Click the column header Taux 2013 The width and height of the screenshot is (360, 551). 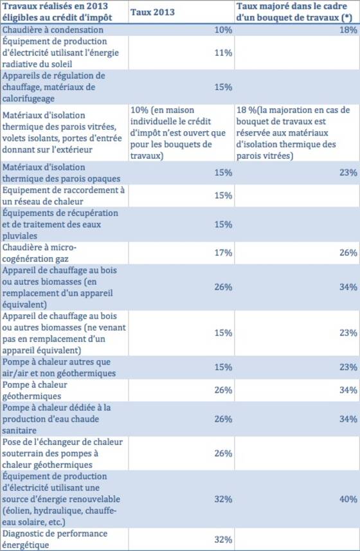pyautogui.click(x=152, y=12)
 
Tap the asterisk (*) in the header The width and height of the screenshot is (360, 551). pyautogui.click(x=349, y=18)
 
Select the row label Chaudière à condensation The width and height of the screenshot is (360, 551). pyautogui.click(x=53, y=30)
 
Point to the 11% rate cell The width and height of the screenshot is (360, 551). pyautogui.click(x=223, y=53)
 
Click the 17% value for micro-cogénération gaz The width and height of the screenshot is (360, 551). pyautogui.click(x=223, y=253)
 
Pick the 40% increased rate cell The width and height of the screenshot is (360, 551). pyautogui.click(x=348, y=500)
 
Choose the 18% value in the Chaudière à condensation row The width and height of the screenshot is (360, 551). pyautogui.click(x=348, y=30)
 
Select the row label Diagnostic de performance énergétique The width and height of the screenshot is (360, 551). pyautogui.click(x=55, y=539)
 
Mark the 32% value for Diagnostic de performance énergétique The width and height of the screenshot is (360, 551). pyautogui.click(x=223, y=539)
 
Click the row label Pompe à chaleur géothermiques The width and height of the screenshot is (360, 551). pyautogui.click(x=35, y=390)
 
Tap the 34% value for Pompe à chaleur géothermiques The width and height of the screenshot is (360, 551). pyautogui.click(x=348, y=390)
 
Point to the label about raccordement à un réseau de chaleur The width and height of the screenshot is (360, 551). pyautogui.click(x=64, y=195)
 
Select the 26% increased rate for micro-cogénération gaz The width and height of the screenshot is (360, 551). pyautogui.click(x=348, y=253)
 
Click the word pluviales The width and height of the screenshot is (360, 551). pyautogui.click(x=20, y=236)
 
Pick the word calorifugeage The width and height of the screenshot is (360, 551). pyautogui.click(x=28, y=99)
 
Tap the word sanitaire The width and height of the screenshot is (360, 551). pyautogui.click(x=19, y=431)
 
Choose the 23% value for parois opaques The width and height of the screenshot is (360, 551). pyautogui.click(x=348, y=173)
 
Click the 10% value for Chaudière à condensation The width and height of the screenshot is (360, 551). pyautogui.click(x=223, y=30)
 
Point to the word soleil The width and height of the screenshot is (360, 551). pyautogui.click(x=61, y=64)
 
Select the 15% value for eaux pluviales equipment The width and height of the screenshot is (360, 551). pyautogui.click(x=223, y=224)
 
